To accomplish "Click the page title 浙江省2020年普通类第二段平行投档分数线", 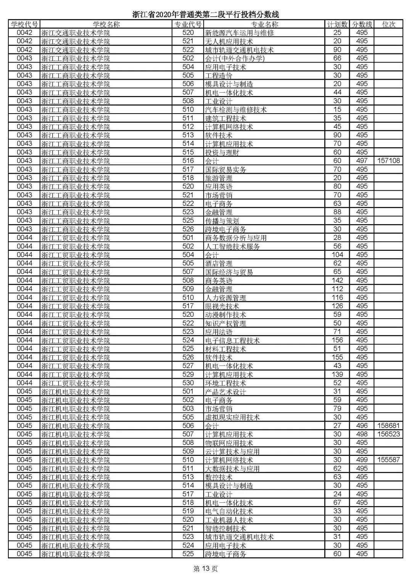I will (206, 14).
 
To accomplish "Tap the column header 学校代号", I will (24, 24).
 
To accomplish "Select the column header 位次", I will (388, 24).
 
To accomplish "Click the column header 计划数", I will (337, 24).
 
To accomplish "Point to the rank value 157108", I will (388, 161).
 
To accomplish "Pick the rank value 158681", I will (388, 426).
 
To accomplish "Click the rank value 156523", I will (388, 434).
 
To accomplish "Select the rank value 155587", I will (388, 460).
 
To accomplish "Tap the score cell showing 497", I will (362, 161).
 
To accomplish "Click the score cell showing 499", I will (362, 460).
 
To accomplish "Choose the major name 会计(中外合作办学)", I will (235, 58).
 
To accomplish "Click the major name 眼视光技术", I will (222, 306).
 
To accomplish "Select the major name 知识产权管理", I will (225, 323).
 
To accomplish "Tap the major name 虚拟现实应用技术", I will (232, 417).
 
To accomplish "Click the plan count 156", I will (337, 340).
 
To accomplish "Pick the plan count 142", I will (337, 281).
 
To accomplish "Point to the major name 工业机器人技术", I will (229, 520).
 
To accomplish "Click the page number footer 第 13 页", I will (206, 569).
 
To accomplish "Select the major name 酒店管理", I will (219, 263).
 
